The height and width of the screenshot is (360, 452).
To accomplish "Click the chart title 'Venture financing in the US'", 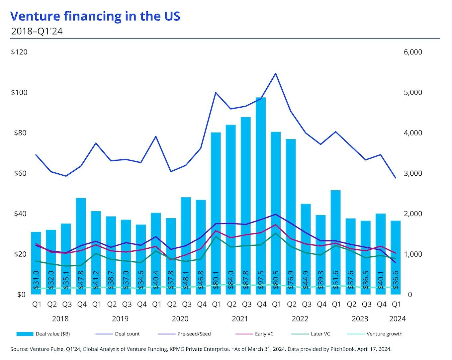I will pyautogui.click(x=95, y=16).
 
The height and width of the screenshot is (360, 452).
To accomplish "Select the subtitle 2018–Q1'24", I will pyautogui.click(x=37, y=31).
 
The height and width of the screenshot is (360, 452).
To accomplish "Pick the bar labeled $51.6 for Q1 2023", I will pyautogui.click(x=336, y=239).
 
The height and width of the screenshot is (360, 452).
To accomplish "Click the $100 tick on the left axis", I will pyautogui.click(x=19, y=92).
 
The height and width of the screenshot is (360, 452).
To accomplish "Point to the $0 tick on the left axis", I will pyautogui.click(x=21, y=295).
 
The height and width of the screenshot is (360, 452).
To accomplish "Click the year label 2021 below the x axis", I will pyautogui.click(x=240, y=319).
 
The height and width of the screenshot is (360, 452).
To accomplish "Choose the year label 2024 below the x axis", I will pyautogui.click(x=397, y=319).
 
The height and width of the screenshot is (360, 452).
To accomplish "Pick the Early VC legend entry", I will pyautogui.click(x=264, y=334).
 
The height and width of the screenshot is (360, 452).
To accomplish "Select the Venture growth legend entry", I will pyautogui.click(x=384, y=334).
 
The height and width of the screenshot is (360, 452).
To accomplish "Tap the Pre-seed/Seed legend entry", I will pyautogui.click(x=194, y=334).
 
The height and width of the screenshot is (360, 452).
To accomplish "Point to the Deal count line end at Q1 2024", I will pyautogui.click(x=396, y=178).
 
